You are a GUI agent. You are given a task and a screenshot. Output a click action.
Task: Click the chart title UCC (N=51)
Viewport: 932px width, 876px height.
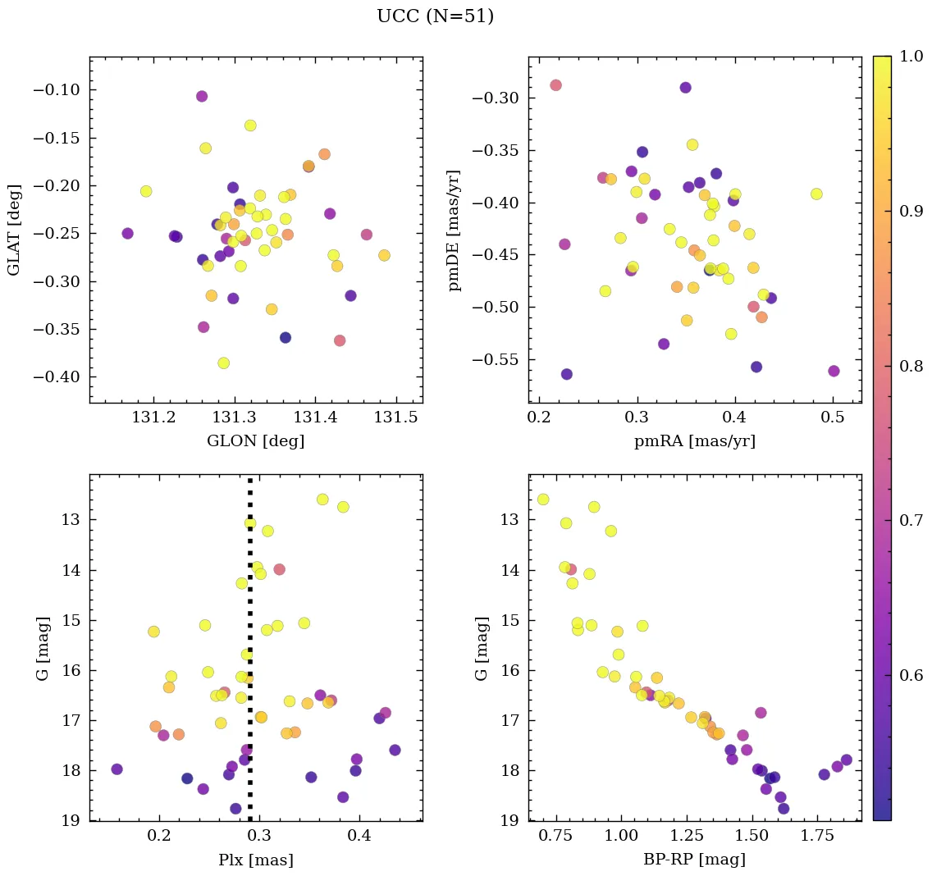point(435,16)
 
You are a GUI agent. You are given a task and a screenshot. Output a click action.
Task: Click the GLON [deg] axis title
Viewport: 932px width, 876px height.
point(256,441)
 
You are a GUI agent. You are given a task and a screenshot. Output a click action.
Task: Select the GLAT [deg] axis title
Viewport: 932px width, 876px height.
point(14,230)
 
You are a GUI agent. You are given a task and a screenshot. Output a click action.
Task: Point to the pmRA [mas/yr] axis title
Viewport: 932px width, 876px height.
point(694,441)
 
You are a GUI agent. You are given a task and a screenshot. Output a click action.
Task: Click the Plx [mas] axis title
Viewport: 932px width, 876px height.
point(256,860)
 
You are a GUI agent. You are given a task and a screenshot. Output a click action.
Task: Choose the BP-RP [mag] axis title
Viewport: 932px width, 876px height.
point(694,860)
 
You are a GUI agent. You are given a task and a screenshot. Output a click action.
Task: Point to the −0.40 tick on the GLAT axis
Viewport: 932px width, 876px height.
point(57,377)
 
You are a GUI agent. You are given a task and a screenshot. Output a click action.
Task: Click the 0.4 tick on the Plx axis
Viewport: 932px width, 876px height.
point(359,837)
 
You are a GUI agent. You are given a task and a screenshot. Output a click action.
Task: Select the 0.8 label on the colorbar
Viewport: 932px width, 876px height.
point(911,366)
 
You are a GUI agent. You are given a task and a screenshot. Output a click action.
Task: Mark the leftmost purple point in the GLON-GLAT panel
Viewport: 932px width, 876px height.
point(127,233)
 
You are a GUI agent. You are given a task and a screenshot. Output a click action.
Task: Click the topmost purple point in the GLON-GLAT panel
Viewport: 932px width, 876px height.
point(202,96)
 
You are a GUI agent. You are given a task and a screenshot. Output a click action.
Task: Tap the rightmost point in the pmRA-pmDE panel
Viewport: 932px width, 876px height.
point(834,371)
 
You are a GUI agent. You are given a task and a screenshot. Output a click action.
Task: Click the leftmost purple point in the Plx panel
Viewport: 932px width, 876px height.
point(116,769)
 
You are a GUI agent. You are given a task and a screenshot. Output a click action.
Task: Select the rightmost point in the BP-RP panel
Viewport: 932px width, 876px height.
point(846,760)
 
